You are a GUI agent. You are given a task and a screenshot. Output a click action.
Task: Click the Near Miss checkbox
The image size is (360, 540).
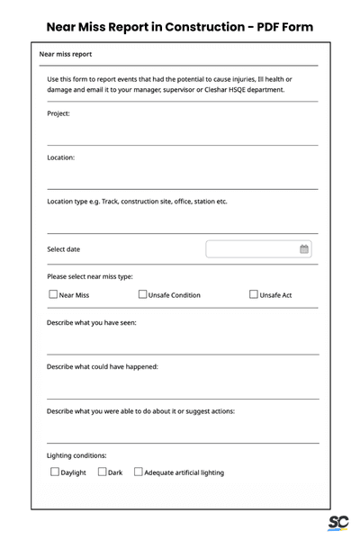coord(52,294)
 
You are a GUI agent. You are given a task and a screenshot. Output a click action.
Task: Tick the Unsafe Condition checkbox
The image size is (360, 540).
coord(142,294)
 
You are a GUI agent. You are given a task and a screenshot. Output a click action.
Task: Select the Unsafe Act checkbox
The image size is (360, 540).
coord(253,294)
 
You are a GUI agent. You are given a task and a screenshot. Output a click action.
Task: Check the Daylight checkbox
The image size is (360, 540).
coord(54,472)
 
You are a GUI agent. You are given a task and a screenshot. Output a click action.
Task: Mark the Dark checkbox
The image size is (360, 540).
coord(103,472)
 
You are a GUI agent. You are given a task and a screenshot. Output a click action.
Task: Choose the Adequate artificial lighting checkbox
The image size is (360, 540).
coord(138,472)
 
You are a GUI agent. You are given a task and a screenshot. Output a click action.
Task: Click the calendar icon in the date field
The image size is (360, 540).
coord(304,249)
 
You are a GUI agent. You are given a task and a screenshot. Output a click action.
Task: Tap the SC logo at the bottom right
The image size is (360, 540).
coord(338,523)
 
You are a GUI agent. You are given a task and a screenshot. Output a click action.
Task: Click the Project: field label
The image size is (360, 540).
coord(58,113)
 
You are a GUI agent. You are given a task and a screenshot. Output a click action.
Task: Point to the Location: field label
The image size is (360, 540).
coord(61,157)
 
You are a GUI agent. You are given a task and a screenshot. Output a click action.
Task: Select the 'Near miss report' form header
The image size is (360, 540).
coord(66,54)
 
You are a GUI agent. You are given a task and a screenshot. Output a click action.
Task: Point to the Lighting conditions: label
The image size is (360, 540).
coord(76,455)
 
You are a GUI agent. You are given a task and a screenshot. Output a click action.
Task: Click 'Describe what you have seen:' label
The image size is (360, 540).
coord(92,322)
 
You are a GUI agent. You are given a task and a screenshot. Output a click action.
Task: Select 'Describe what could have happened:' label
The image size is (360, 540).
coord(103,366)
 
